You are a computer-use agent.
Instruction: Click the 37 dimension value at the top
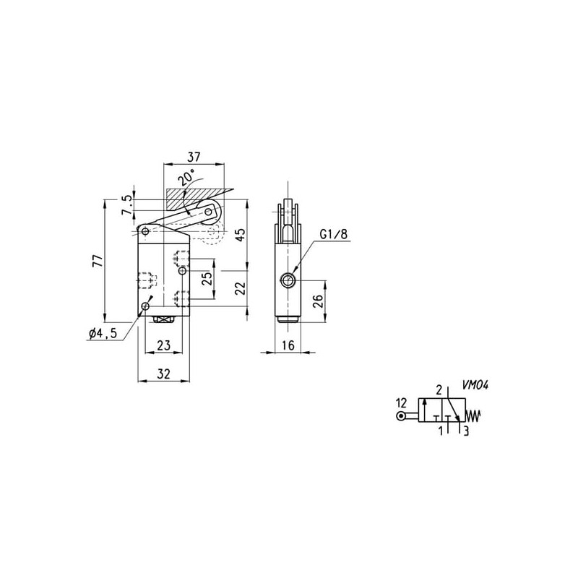[x=194, y=157]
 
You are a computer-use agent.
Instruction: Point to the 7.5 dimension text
[x=127, y=205]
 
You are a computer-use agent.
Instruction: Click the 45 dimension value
[x=240, y=235]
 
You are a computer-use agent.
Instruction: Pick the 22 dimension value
[x=240, y=288]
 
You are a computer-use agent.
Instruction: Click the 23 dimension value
[x=164, y=345]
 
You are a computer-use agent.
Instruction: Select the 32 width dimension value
[x=164, y=374]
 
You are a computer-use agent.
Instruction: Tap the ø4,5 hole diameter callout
[x=103, y=333]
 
